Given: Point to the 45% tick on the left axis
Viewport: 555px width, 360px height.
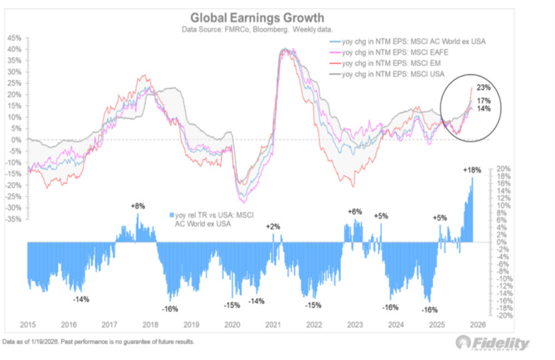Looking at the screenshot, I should [14, 39].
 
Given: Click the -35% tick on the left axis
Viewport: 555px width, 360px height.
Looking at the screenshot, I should [13, 219].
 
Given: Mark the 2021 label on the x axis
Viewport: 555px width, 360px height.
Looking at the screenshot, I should [273, 325].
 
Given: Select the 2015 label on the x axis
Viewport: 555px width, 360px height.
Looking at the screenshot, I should [28, 325].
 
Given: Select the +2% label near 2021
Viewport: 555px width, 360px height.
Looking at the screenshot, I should [273, 227].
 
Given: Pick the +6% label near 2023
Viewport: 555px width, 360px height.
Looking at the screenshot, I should [354, 211].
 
